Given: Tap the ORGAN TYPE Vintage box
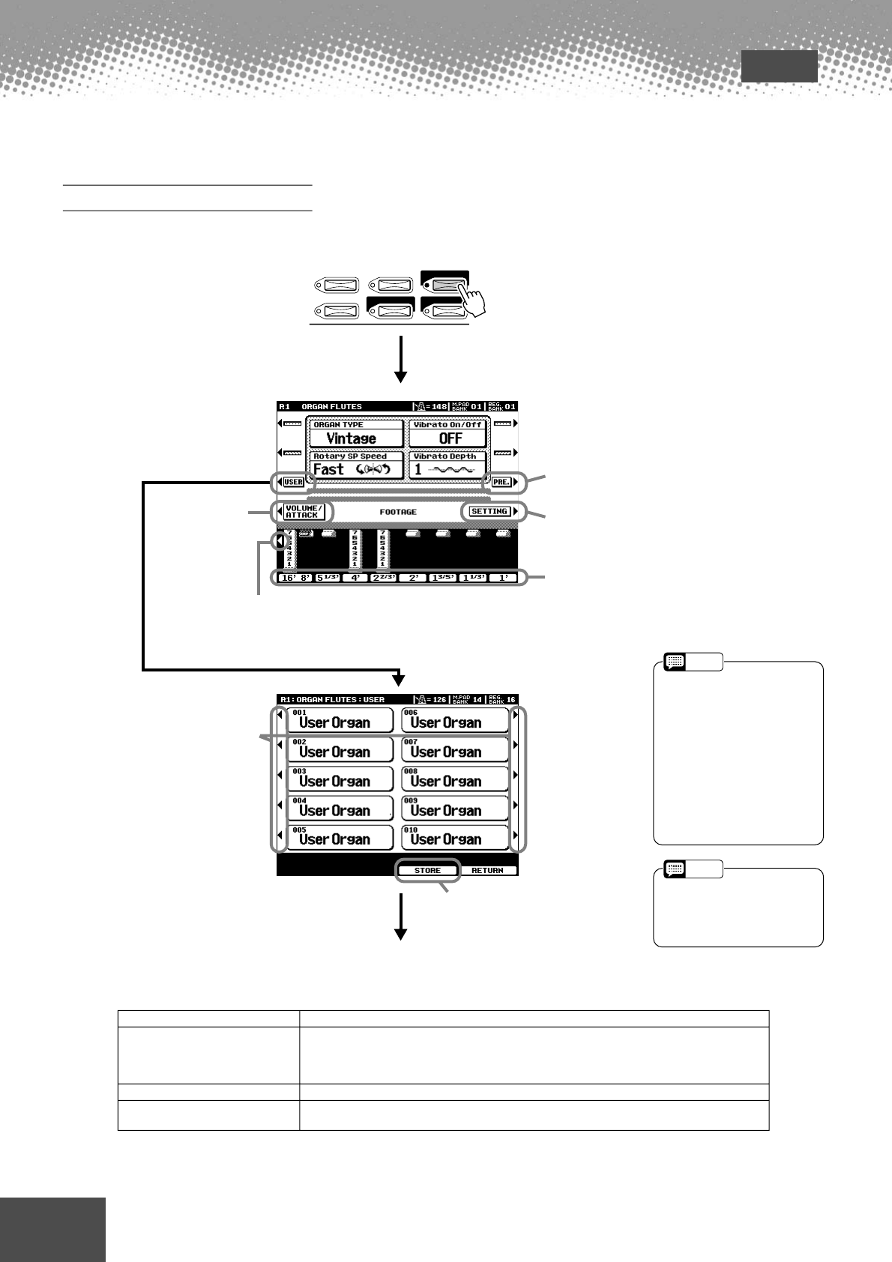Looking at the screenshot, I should coord(355,434).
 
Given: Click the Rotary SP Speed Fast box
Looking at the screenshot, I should coord(355,465).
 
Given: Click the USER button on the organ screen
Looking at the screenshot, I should coord(294,482).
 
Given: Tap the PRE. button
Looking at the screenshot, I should coord(501,482).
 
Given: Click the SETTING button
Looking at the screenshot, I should coord(489,511).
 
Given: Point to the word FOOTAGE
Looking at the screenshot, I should coord(398,512).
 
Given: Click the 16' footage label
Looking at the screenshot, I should coord(287,578).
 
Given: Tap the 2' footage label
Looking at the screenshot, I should coord(413,578).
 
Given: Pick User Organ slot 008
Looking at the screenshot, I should coord(454,779).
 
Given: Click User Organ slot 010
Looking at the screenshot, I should coord(454,837).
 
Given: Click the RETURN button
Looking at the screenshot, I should coord(487,871).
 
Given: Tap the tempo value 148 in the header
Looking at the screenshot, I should coord(440,407).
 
